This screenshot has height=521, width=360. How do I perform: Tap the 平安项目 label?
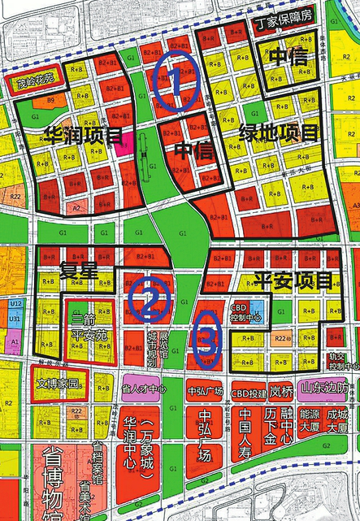click(x=293, y=281)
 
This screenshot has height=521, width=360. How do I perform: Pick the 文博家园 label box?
click(x=61, y=380)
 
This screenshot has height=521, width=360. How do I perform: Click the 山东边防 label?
click(x=323, y=389)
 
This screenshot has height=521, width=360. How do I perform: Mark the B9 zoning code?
click(x=50, y=100)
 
